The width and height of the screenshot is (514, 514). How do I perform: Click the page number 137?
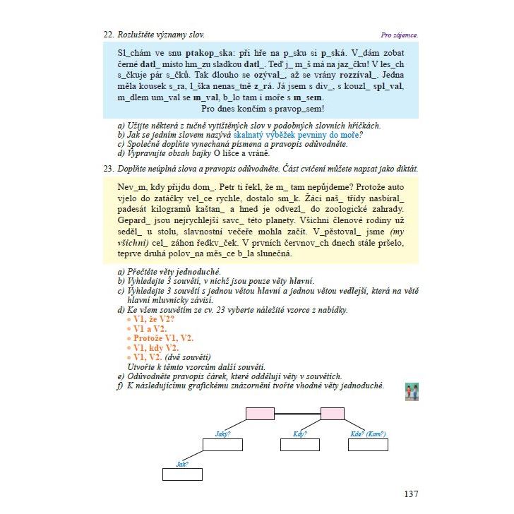(411, 494)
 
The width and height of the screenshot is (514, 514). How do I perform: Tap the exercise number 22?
(108, 34)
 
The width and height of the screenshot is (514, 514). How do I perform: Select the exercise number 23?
(108, 168)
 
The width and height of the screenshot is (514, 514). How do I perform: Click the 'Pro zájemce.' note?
(399, 35)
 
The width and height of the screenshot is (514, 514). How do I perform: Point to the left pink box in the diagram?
(260, 414)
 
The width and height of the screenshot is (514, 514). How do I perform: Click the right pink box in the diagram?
(332, 414)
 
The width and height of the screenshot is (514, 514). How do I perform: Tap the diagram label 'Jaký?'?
(222, 434)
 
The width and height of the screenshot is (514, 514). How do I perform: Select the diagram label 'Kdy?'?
(299, 434)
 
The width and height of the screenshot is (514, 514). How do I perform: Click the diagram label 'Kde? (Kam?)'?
(368, 434)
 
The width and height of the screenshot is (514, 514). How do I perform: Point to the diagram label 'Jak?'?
(182, 463)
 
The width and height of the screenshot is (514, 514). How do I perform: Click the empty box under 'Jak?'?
(182, 474)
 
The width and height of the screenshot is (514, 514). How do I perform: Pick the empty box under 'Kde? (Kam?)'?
(367, 445)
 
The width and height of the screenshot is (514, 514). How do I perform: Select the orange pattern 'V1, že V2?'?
(150, 319)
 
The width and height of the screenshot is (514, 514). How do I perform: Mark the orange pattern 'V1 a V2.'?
(145, 329)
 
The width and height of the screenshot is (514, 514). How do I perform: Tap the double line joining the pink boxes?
(297, 414)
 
